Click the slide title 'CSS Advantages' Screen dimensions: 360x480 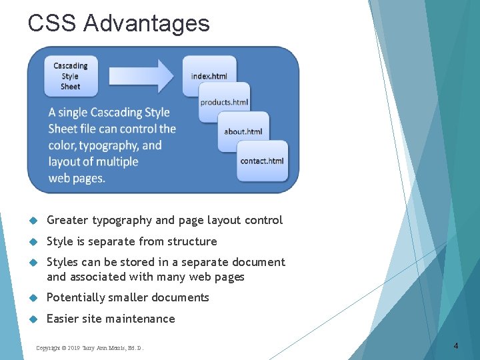pos(119,23)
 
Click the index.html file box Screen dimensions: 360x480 pos(209,76)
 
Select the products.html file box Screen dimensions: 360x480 pos(225,102)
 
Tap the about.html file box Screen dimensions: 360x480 pos(243,131)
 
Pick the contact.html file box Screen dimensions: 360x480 pos(262,161)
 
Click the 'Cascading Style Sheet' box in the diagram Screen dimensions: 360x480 pos(70,76)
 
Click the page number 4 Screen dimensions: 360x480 pos(455,345)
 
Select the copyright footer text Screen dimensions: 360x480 pos(89,348)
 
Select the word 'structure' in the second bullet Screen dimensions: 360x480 pos(191,241)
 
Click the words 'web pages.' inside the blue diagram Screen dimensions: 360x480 pos(77,178)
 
